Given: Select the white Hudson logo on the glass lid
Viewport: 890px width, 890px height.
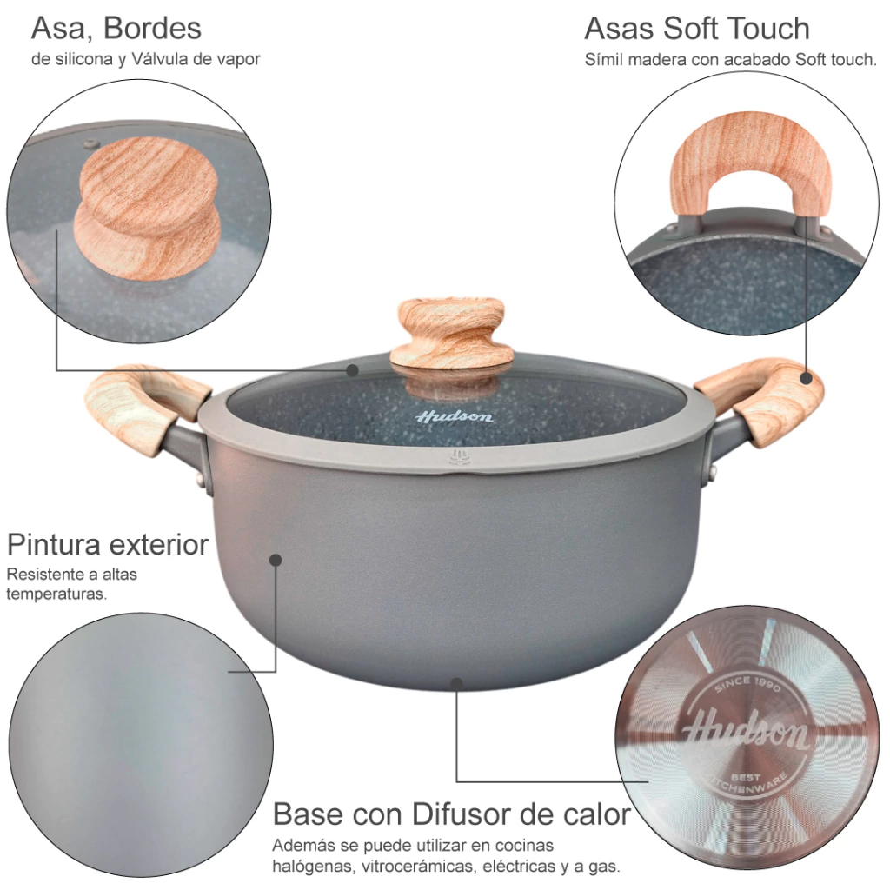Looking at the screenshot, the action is point(454,417).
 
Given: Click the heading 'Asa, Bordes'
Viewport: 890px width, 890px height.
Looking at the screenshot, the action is point(116,29).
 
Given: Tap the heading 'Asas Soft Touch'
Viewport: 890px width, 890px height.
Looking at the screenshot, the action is point(697,29).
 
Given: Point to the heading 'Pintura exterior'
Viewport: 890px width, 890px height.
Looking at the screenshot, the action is point(108,545).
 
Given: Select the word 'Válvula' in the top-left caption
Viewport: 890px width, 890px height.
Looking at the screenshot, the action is point(158,59).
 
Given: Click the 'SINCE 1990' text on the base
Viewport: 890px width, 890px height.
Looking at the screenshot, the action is point(748,685).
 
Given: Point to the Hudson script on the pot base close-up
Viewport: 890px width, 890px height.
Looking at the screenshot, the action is point(745,730).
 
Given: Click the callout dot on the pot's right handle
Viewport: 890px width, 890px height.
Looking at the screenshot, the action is point(806,379).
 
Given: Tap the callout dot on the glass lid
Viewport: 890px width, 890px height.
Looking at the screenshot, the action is point(353,370).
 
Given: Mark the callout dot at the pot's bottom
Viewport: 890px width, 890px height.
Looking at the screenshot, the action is point(457,682).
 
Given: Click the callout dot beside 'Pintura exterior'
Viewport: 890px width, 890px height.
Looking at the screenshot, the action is point(276,561).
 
